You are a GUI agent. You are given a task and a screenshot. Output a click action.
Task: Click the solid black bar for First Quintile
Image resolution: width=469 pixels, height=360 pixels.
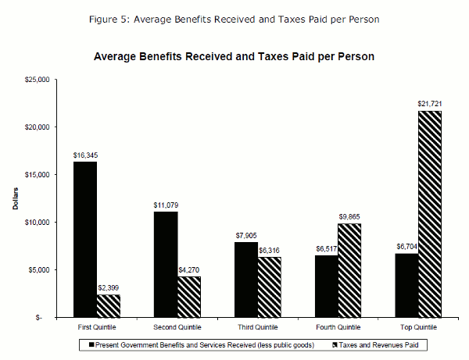tap(84, 240)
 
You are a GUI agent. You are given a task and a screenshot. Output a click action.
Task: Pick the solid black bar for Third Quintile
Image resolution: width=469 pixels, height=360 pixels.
tap(245, 280)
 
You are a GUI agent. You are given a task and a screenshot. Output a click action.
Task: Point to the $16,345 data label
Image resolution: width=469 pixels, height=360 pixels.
tap(85, 155)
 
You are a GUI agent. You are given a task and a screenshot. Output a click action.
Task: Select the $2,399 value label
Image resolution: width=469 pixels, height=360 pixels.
tap(109, 288)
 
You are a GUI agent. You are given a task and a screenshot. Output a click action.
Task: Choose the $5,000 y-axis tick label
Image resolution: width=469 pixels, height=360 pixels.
tap(38, 270)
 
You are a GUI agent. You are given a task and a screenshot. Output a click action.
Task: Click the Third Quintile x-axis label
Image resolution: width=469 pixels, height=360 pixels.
tap(256, 327)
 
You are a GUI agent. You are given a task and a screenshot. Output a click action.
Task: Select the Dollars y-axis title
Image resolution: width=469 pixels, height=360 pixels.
tap(15, 198)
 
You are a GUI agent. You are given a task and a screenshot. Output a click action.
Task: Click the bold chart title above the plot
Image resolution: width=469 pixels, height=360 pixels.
tap(234, 56)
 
